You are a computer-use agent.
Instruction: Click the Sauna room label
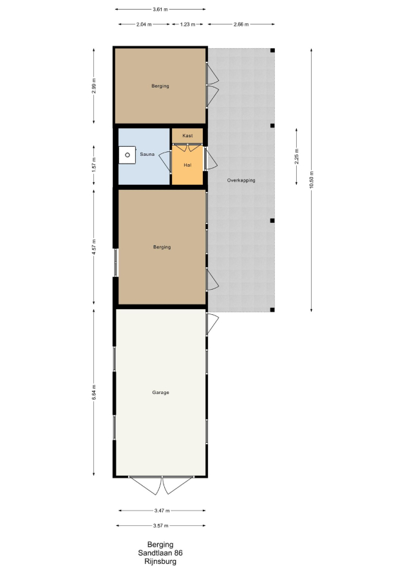tap(147, 155)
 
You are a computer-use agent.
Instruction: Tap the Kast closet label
tap(187, 136)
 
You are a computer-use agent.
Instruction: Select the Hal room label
tap(187, 165)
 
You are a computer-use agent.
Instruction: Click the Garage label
tap(160, 393)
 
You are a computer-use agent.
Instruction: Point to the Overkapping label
tap(241, 180)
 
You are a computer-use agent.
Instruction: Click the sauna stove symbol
tap(127, 155)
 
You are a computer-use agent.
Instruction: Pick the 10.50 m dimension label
tap(312, 180)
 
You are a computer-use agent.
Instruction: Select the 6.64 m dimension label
tap(94, 392)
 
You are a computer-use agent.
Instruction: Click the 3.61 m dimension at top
tap(160, 10)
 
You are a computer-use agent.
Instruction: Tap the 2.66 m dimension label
tap(241, 24)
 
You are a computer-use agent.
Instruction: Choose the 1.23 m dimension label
tap(187, 24)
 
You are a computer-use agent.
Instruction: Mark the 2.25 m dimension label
tap(296, 156)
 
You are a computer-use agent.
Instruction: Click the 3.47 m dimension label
tap(162, 511)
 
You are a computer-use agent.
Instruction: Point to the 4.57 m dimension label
tap(94, 247)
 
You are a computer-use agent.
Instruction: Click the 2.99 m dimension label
tap(94, 86)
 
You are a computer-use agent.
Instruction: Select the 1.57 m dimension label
tap(94, 165)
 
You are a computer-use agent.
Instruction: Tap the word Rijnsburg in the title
tap(160, 561)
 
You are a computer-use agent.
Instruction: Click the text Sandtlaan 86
tap(160, 553)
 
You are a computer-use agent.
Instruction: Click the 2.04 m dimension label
tap(144, 24)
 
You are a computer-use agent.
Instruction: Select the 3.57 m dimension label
tap(161, 526)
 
